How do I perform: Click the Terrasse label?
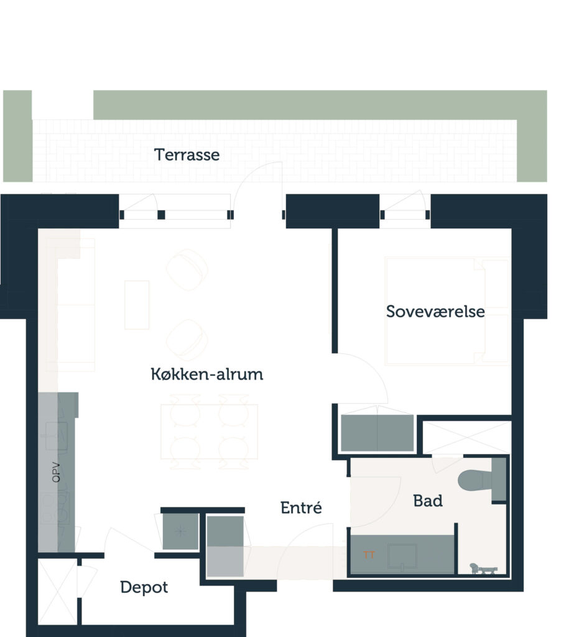coord(187,155)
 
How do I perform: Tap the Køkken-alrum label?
coord(206,374)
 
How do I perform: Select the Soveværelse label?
coord(435,312)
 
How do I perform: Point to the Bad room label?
coord(428,501)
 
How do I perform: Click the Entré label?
coord(301,508)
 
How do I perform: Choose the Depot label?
coord(144,587)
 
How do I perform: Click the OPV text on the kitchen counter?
coord(56,473)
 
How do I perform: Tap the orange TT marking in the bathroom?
coord(369,555)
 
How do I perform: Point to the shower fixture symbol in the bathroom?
coord(483,569)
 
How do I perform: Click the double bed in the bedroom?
coord(447,311)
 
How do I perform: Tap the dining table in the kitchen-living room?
coord(209,432)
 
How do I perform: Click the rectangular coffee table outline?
coord(137,305)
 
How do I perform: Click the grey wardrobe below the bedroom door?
coord(378,433)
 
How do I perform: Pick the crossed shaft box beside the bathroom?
coord(466,437)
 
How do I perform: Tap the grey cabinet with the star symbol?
coord(180,531)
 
